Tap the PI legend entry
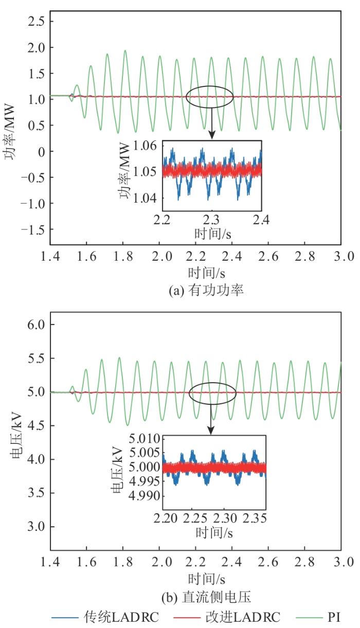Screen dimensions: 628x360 tap(334, 616)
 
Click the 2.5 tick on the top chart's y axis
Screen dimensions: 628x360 tap(37, 21)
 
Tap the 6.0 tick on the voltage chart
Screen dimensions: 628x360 tap(37, 325)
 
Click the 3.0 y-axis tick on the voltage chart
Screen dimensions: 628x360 tap(37, 527)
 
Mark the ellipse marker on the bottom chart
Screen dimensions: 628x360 tap(212, 394)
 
